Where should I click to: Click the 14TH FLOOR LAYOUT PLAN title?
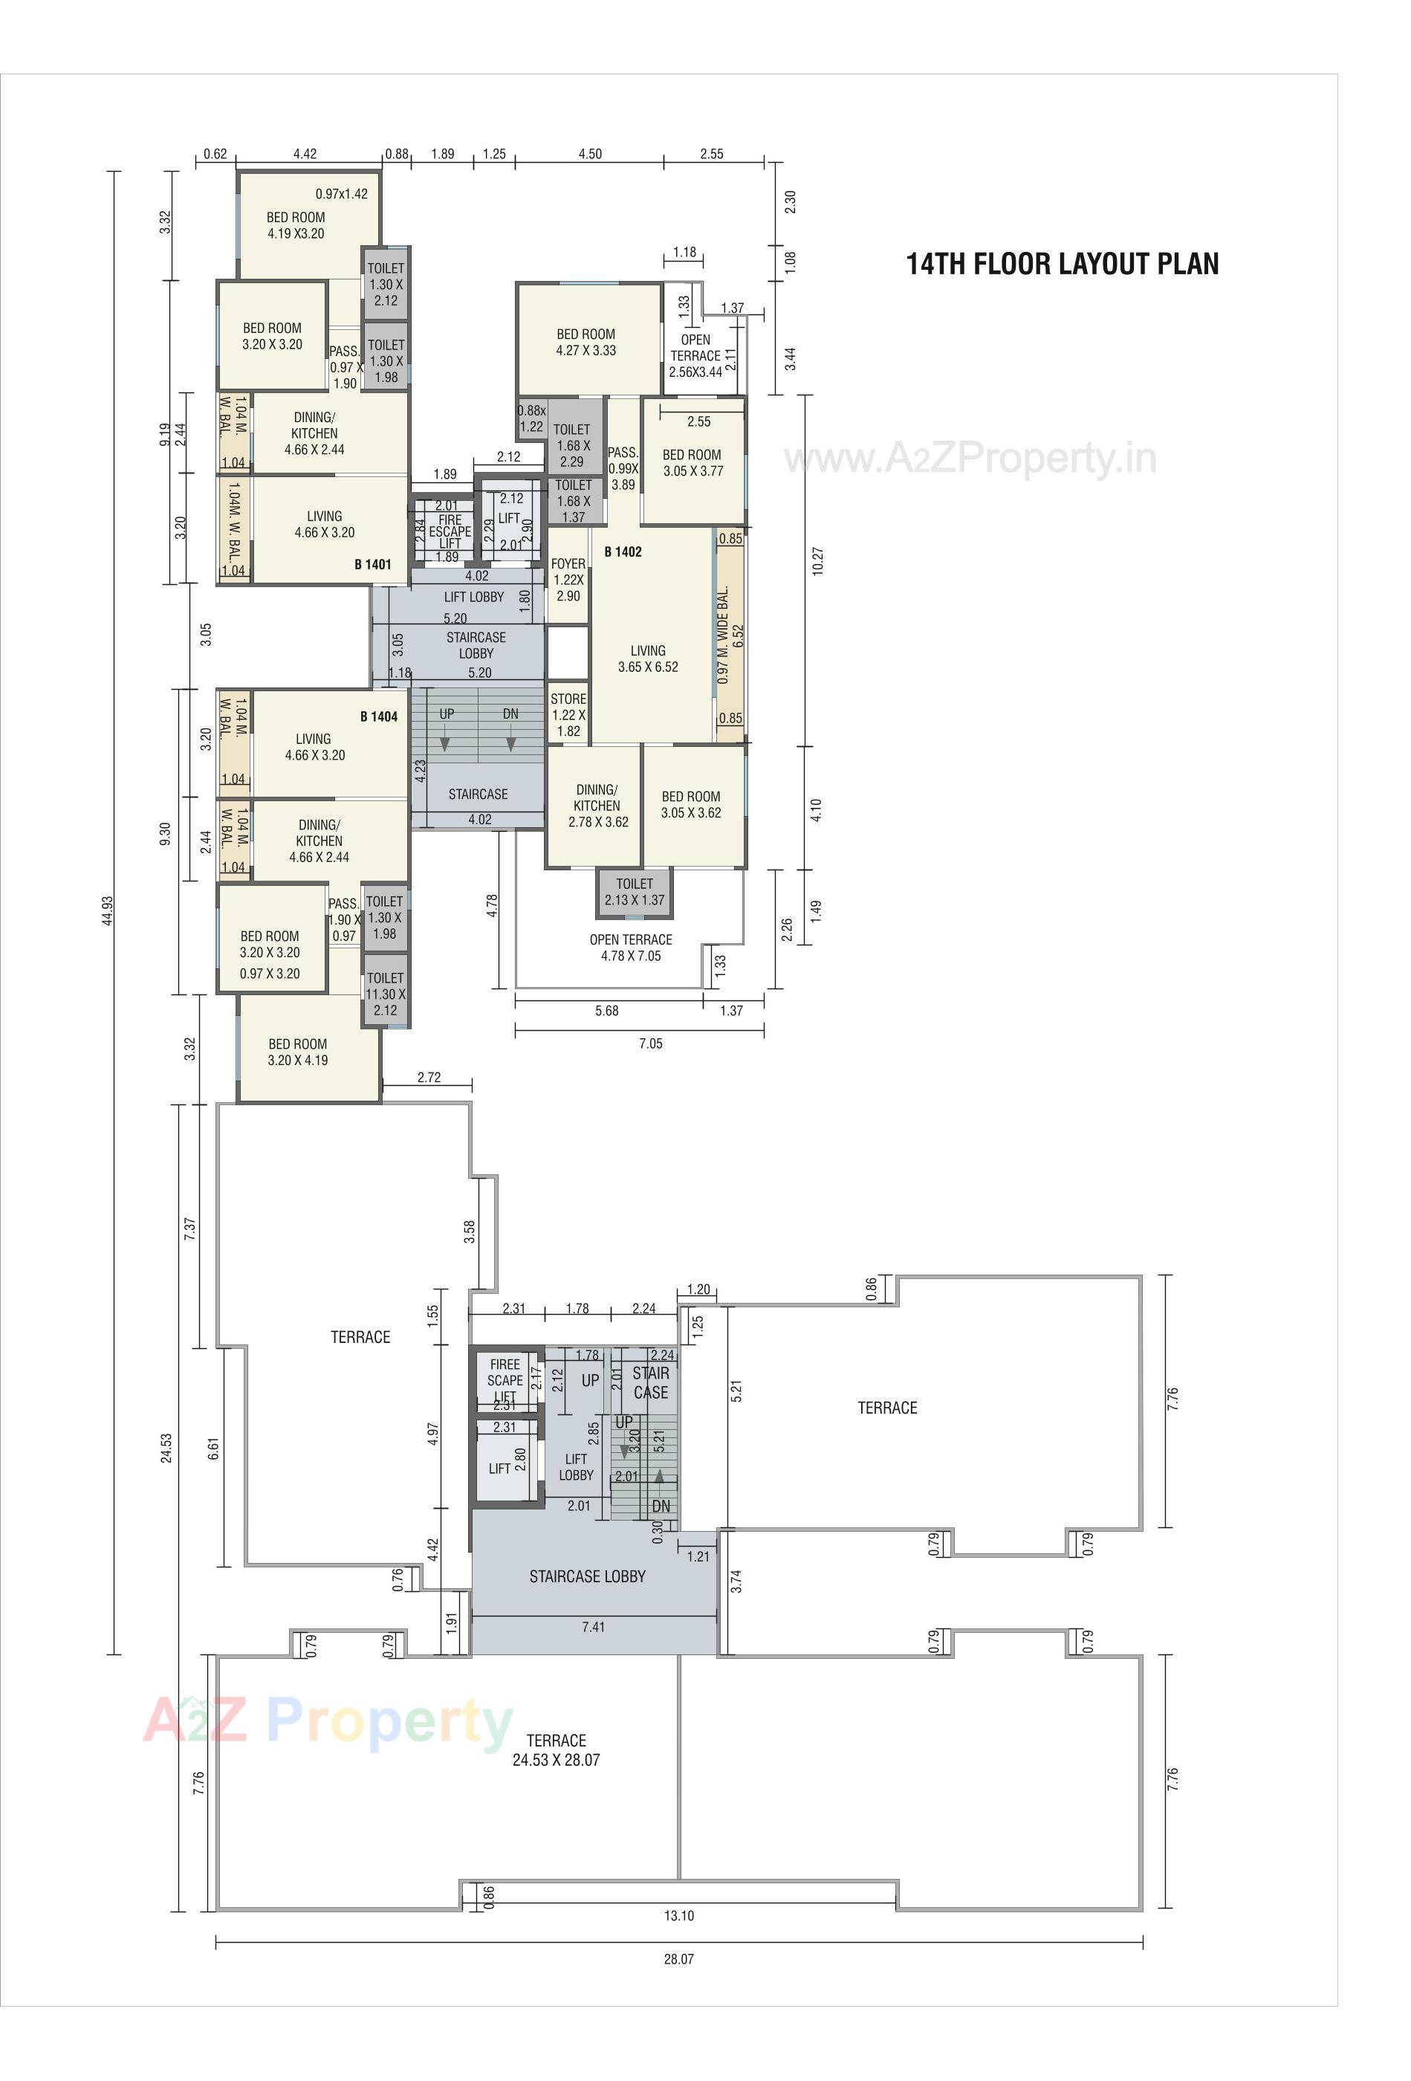[1062, 264]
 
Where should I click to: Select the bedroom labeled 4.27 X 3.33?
[586, 342]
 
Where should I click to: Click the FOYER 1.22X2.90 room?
[568, 580]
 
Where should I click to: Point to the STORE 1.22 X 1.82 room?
[568, 714]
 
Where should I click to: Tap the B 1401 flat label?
[372, 564]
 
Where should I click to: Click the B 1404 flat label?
[379, 716]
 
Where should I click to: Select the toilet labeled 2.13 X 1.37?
[634, 892]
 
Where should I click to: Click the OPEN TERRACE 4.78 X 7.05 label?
[630, 948]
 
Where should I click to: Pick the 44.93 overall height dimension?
[108, 910]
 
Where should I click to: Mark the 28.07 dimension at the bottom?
[678, 1959]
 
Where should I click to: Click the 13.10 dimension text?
[678, 1916]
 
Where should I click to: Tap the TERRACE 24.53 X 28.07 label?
[555, 1750]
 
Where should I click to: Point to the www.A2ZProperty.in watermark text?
[970, 459]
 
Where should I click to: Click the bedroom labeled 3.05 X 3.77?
[692, 463]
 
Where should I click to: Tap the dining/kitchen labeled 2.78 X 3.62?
[596, 806]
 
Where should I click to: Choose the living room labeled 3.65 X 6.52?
[647, 659]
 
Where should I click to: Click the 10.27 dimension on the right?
[817, 560]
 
